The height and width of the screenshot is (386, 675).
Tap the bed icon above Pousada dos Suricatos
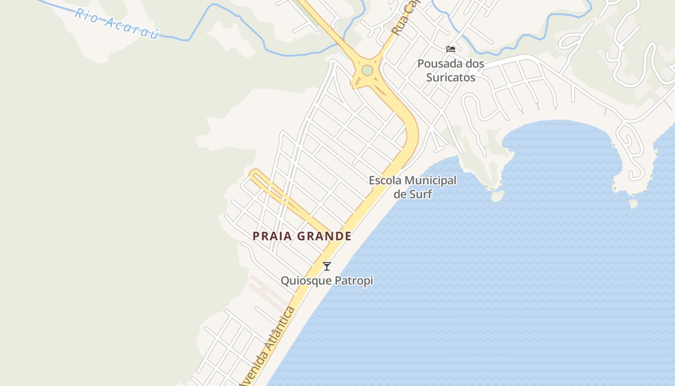(451, 49)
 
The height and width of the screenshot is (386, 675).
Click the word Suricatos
(451, 78)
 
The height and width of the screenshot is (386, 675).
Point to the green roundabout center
(367, 70)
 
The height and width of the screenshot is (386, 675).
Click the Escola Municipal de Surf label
(413, 187)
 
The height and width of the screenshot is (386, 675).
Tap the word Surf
(420, 194)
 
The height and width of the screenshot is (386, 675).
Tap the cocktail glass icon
(327, 266)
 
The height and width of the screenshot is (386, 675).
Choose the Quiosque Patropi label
(327, 280)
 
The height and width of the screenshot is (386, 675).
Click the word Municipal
(431, 181)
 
